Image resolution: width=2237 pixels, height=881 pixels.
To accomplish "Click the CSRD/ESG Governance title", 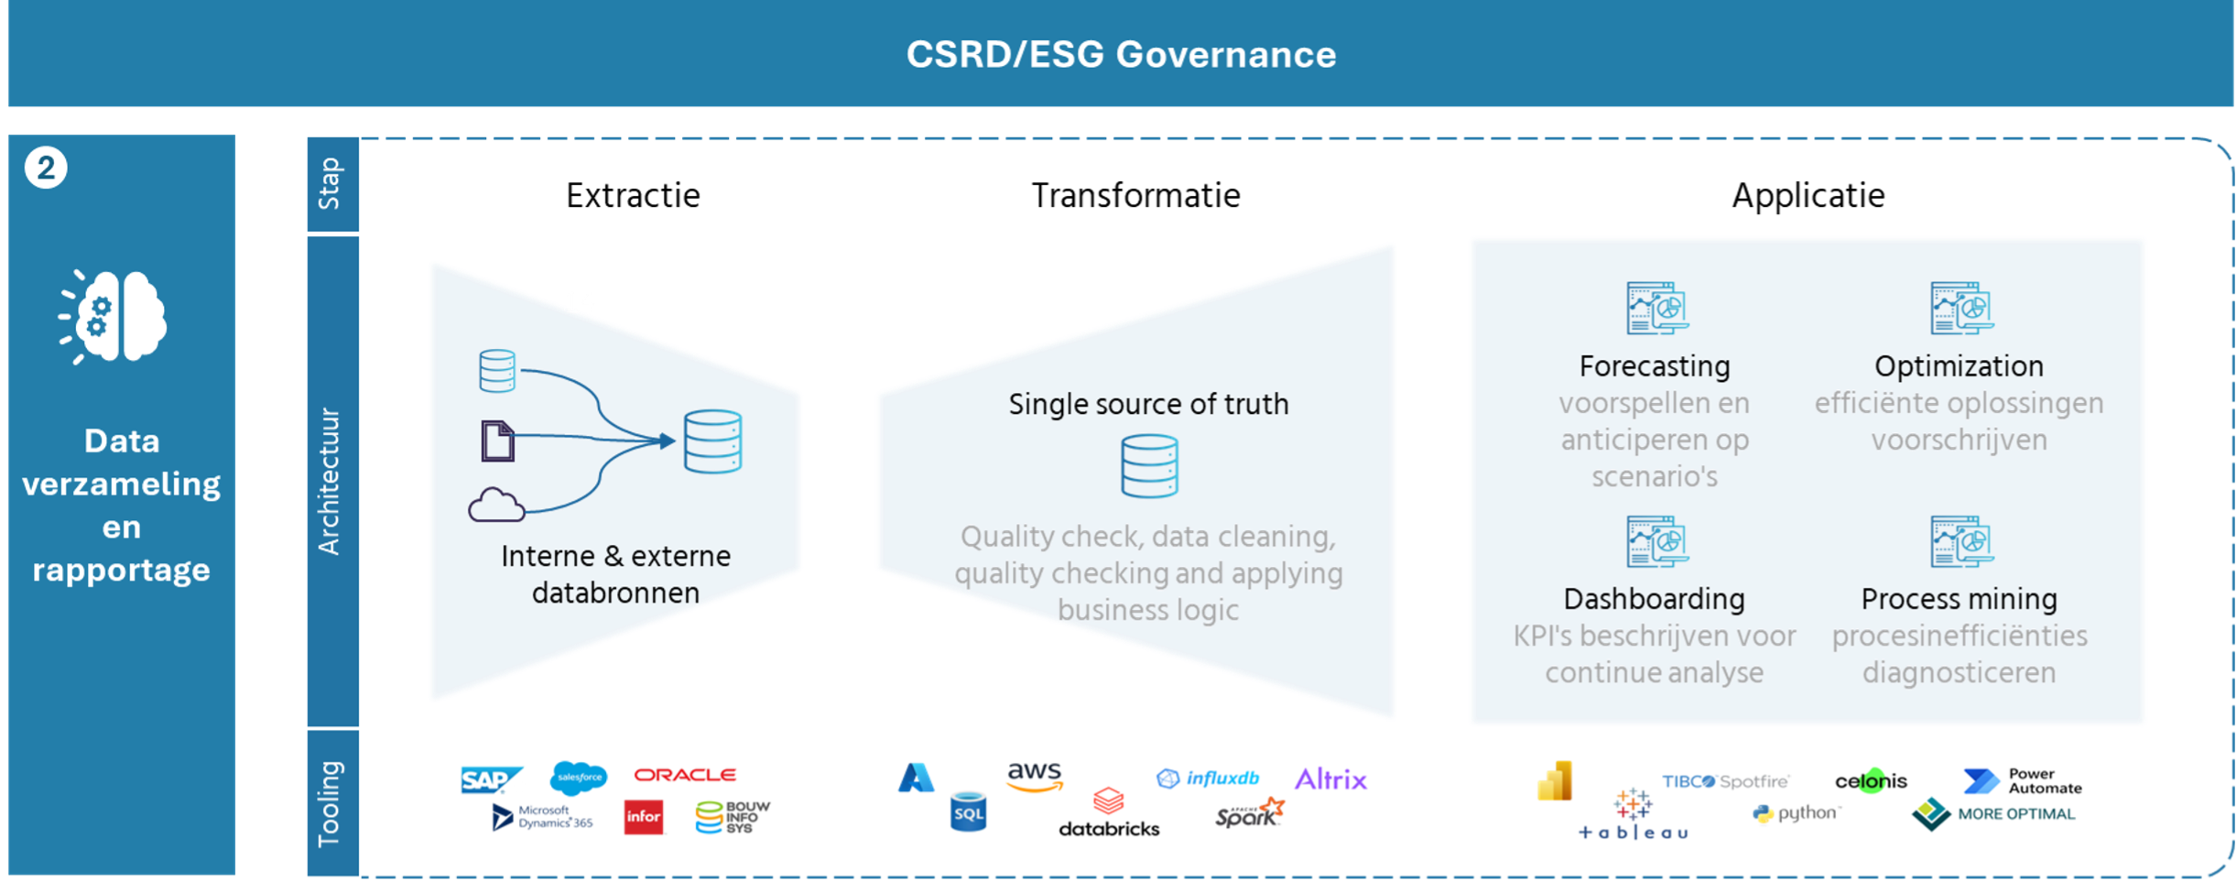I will [x=1121, y=55].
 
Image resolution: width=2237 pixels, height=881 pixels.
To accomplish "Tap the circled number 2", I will [x=46, y=168].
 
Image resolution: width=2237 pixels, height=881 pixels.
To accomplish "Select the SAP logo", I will [x=493, y=779].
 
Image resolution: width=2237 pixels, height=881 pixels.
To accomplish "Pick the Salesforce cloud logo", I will [x=579, y=778].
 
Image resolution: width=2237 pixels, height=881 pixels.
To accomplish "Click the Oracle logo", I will [x=685, y=775].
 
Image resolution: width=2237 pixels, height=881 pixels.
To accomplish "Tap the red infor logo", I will [x=644, y=816].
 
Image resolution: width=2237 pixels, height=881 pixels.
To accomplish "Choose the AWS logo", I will [x=1035, y=777].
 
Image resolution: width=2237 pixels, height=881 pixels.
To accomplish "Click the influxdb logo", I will [x=1208, y=778].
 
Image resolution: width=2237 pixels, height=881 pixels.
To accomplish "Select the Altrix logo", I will [x=1331, y=778].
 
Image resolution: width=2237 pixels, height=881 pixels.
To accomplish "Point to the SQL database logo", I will [x=968, y=813].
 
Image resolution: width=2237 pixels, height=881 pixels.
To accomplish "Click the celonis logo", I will [x=1871, y=781].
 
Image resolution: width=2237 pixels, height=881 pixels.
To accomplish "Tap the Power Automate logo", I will [x=2023, y=780].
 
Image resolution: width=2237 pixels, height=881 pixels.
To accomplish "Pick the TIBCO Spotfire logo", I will [x=1726, y=781].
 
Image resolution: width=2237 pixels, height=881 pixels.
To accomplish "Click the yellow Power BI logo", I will [x=1555, y=781].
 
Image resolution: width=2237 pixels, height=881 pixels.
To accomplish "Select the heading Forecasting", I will [x=1655, y=366].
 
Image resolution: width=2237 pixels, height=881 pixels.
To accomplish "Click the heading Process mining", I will [x=1959, y=599].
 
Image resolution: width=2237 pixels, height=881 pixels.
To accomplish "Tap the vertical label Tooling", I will [x=330, y=803].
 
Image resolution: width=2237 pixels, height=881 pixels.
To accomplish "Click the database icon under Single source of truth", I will [x=1149, y=466].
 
